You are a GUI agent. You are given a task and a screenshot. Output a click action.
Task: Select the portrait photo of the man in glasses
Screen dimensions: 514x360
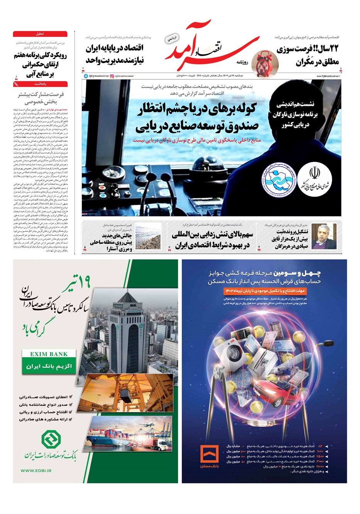(x=323, y=236)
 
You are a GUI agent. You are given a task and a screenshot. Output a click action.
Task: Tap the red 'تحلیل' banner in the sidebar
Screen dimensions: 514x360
(x=40, y=34)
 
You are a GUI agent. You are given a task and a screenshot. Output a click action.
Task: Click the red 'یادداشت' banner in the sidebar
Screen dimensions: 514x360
(x=40, y=84)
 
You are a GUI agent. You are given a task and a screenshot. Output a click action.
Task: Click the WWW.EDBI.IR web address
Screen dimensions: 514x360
(x=36, y=470)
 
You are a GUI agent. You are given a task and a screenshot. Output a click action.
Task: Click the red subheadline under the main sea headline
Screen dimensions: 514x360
(x=197, y=140)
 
